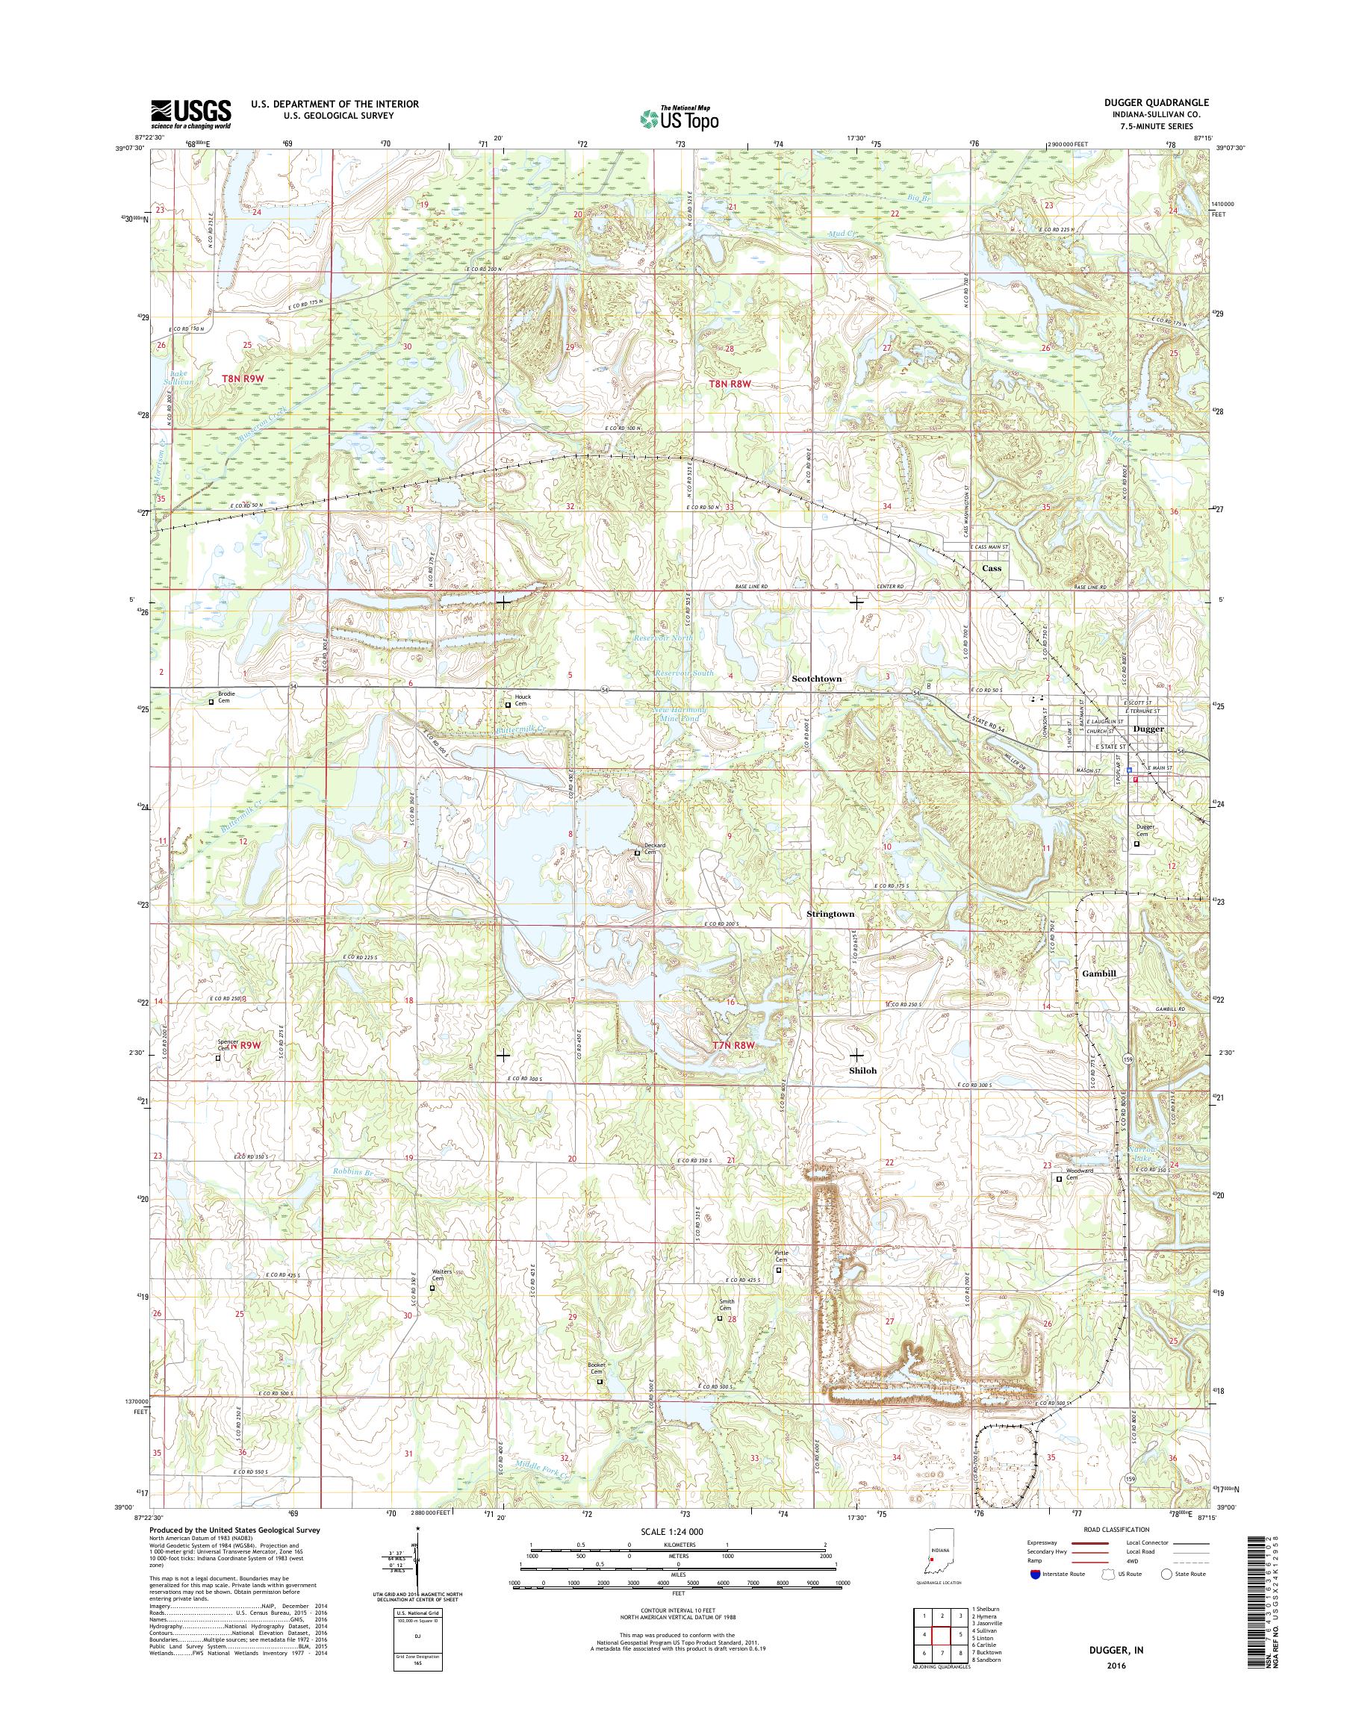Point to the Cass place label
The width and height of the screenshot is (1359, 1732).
992,569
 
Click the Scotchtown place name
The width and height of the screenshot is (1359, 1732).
816,679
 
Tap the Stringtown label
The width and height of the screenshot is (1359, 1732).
830,914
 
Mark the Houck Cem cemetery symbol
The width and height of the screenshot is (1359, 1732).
509,704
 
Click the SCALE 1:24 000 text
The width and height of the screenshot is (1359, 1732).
671,1531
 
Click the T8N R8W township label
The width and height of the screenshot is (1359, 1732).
730,384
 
